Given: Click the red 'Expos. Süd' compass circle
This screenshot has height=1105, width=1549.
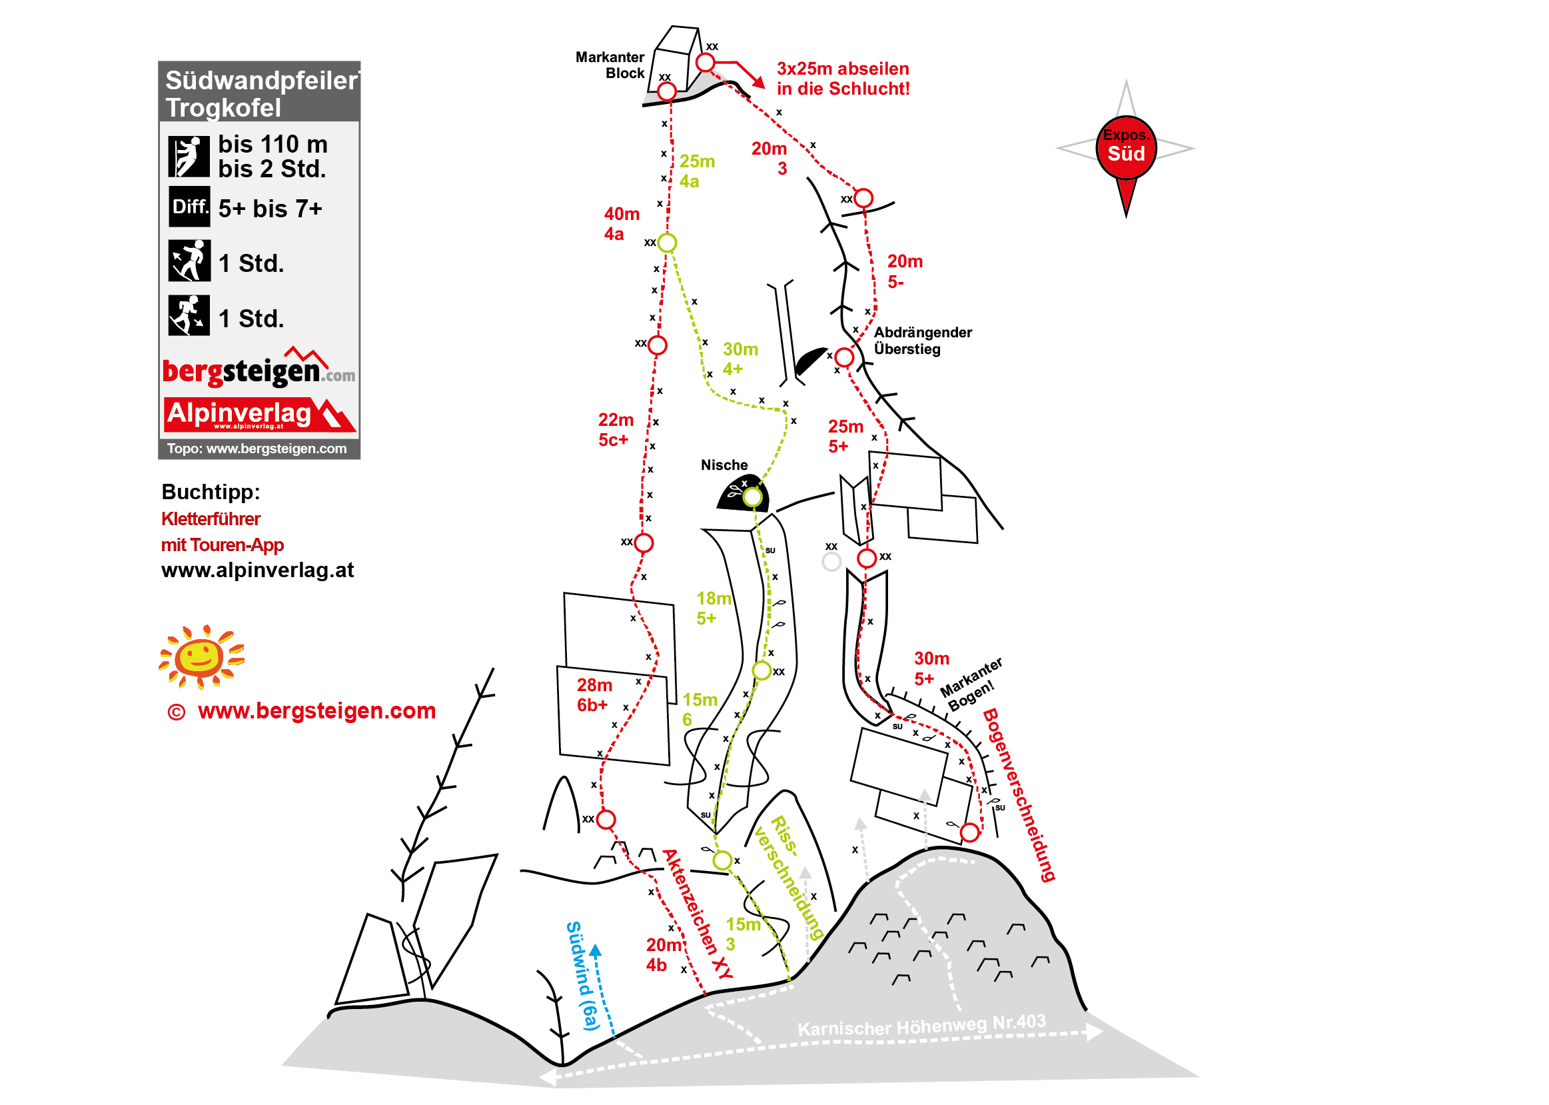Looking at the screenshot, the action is click(1126, 148).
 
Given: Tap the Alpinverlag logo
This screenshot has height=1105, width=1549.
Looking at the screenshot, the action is click(259, 415).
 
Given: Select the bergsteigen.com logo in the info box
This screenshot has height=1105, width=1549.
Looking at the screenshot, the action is click(258, 367).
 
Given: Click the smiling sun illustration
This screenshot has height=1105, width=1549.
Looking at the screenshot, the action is click(201, 656).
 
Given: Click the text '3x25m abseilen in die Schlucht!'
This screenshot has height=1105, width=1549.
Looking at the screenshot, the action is click(843, 79).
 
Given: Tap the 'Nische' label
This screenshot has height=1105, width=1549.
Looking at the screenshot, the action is click(724, 465).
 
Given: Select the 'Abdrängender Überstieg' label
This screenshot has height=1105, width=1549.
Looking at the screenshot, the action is click(923, 341).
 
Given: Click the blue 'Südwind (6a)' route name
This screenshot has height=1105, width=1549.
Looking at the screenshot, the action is click(583, 976).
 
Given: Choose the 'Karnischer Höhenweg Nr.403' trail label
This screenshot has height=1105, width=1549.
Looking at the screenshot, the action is click(921, 1025).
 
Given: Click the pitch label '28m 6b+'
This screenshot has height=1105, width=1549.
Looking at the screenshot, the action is click(594, 694).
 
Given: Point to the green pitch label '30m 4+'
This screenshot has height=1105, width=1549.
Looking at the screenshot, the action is click(740, 359).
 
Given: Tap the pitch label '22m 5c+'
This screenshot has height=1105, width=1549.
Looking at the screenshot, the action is click(616, 429).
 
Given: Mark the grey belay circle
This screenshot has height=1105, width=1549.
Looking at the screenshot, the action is click(831, 561).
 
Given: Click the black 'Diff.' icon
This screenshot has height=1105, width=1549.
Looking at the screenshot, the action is click(190, 206).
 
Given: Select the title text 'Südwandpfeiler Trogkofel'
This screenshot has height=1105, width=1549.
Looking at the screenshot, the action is click(261, 94).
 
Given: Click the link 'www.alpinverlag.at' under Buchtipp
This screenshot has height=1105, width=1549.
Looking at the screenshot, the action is click(258, 570).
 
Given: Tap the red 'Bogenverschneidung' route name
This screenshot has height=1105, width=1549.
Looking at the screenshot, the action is click(1018, 794).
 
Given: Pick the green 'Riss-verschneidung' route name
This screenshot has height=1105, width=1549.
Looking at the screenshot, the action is click(789, 878).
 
